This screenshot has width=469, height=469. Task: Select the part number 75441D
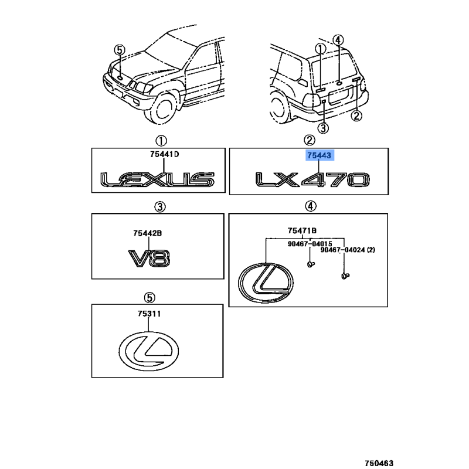pyautogui.click(x=164, y=155)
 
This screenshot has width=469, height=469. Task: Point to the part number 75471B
pyautogui.click(x=303, y=230)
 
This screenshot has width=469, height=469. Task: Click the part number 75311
pyautogui.click(x=149, y=314)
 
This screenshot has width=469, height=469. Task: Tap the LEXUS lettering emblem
pyautogui.click(x=157, y=179)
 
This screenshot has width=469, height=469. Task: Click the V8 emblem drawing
pyautogui.click(x=149, y=259)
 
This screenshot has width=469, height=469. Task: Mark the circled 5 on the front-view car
pyautogui.click(x=120, y=50)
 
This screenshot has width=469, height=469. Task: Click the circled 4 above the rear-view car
pyautogui.click(x=338, y=40)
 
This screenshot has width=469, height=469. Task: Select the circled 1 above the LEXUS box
pyautogui.click(x=161, y=141)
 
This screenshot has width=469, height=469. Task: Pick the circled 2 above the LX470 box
pyautogui.click(x=309, y=141)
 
